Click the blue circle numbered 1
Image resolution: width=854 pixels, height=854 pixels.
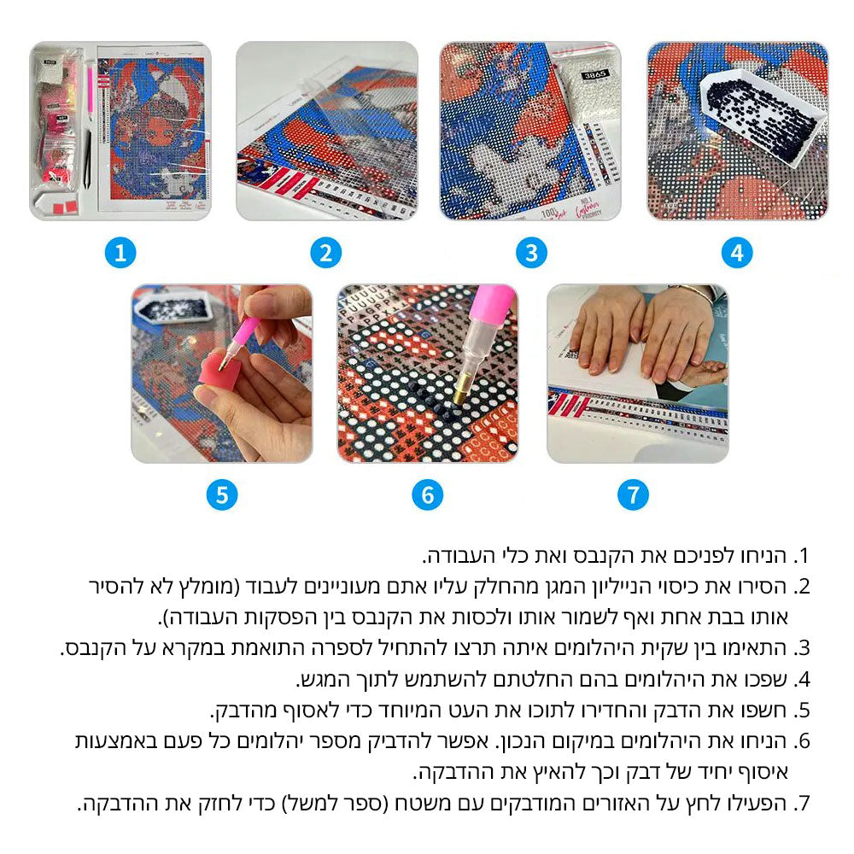120,253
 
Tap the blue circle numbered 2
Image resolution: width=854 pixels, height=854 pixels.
325,253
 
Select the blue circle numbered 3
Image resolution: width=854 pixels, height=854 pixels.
531,253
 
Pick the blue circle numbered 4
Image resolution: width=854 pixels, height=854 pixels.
737,253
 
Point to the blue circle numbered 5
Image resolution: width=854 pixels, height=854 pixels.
222,495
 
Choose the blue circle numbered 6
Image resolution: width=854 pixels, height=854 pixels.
428,495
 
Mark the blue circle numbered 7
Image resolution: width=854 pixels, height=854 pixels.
633,495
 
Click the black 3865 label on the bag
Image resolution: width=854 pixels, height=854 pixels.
594,74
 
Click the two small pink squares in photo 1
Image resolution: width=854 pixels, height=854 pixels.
66,208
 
